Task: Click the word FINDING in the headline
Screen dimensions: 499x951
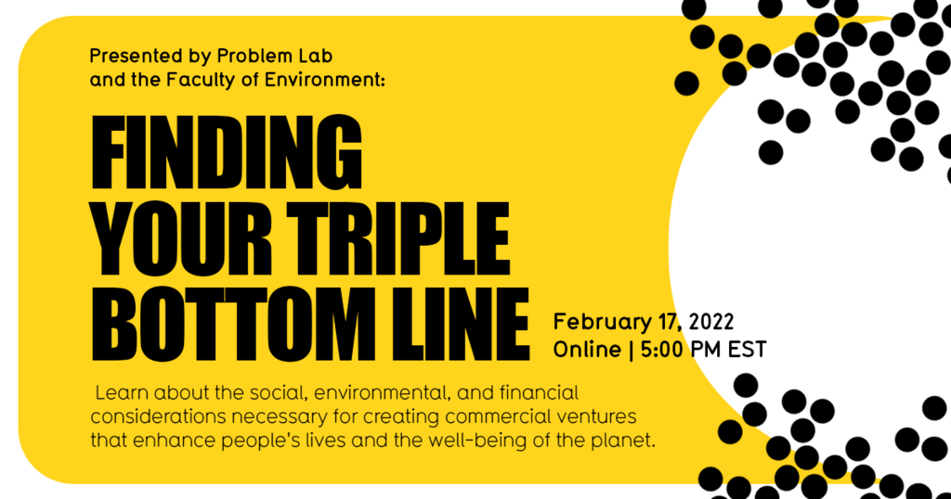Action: (227, 154)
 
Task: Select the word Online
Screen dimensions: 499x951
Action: (586, 350)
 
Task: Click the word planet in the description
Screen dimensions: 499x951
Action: (626, 439)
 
